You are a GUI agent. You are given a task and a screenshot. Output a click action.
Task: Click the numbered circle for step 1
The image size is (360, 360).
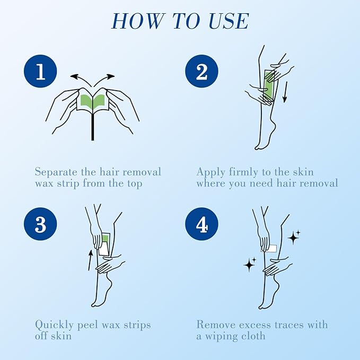click(40, 72)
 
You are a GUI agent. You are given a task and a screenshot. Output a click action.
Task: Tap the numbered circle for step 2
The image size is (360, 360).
click(201, 72)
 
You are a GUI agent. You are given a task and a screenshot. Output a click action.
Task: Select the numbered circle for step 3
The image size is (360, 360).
click(40, 224)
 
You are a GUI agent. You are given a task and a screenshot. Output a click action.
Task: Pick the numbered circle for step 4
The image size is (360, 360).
click(201, 224)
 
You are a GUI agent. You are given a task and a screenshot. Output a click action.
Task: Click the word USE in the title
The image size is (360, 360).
click(229, 21)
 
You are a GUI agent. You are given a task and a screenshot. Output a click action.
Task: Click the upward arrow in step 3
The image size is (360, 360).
click(90, 260)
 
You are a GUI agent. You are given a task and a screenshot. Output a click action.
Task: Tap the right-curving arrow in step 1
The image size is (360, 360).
click(104, 79)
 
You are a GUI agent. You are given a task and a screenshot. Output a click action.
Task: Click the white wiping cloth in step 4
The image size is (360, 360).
click(269, 249)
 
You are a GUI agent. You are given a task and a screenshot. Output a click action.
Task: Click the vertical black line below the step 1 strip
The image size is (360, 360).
click(93, 126)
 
